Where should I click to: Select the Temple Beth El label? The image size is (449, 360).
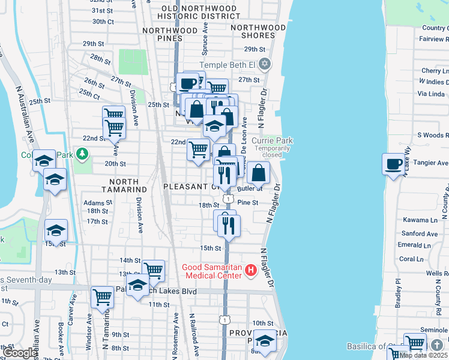(x=229, y=65)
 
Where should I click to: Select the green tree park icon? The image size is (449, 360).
(x=81, y=155)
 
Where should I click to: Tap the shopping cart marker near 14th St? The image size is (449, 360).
(x=154, y=270)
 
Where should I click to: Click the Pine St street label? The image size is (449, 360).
(x=247, y=203)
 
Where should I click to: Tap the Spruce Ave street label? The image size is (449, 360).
(x=205, y=37)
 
